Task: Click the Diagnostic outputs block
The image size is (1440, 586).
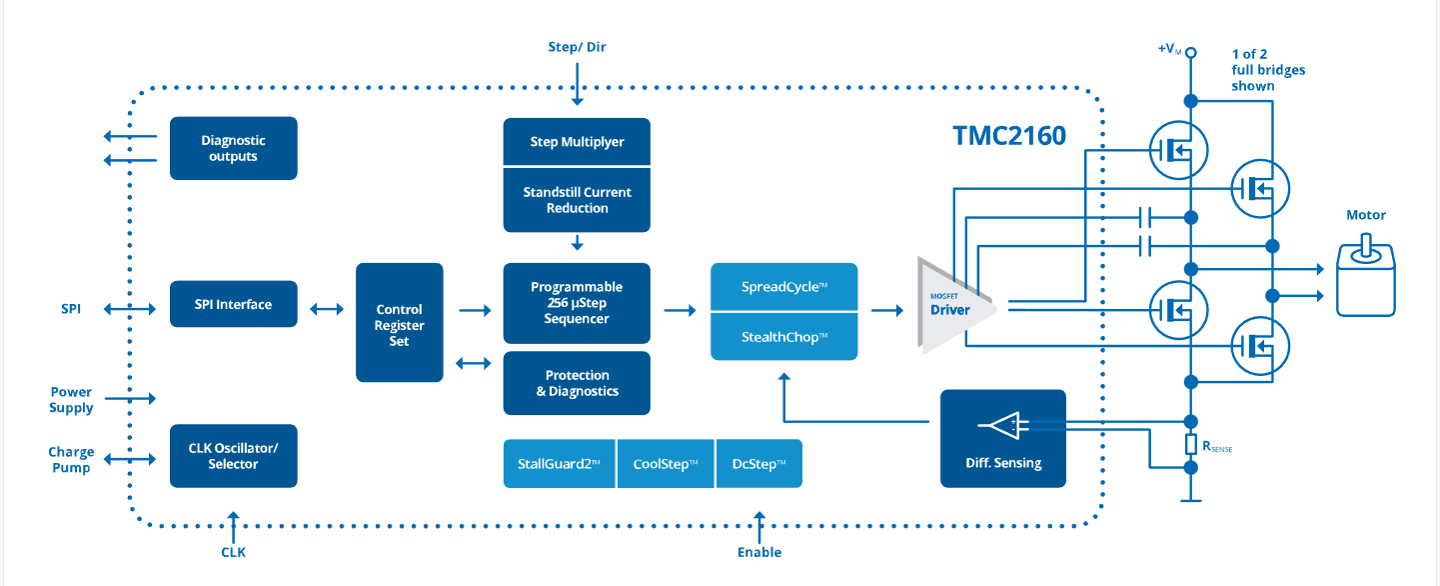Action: (x=233, y=149)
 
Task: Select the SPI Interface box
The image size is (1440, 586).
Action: (x=233, y=304)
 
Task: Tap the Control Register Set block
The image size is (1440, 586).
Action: (x=399, y=323)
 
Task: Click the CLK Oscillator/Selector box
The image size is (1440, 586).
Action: (x=233, y=456)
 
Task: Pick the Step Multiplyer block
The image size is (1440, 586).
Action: (x=577, y=142)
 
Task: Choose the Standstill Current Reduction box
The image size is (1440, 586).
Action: (x=577, y=200)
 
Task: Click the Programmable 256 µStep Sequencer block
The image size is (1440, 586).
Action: (x=577, y=303)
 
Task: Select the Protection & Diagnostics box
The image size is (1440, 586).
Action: (x=577, y=383)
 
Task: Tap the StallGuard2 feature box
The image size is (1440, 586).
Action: (x=560, y=464)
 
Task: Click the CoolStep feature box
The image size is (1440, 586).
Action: (x=666, y=464)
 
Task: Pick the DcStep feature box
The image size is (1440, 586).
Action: (x=758, y=464)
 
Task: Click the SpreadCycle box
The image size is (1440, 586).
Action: (x=783, y=287)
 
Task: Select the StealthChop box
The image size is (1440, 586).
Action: (x=783, y=336)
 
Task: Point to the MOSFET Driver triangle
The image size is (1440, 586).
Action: (x=950, y=306)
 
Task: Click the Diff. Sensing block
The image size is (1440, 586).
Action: (x=1003, y=438)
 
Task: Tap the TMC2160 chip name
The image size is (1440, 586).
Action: (x=1009, y=136)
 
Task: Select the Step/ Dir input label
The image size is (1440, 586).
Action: (x=577, y=47)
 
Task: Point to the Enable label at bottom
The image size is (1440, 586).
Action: (x=759, y=552)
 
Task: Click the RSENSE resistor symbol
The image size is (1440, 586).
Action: (x=1190, y=445)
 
